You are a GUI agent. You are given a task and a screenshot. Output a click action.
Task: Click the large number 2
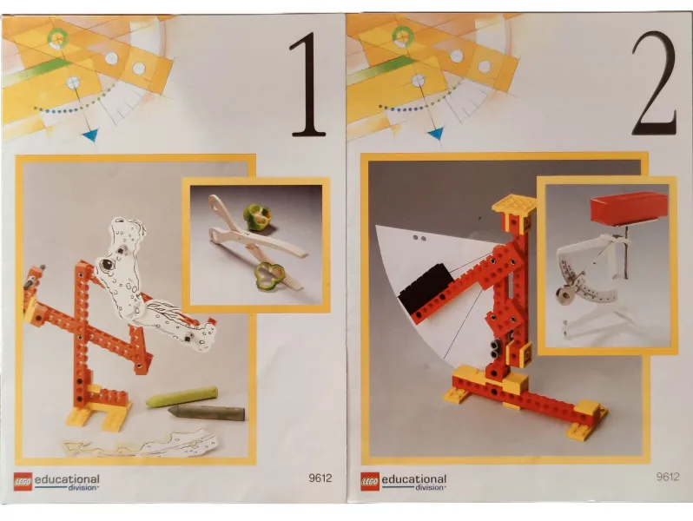pos(652,84)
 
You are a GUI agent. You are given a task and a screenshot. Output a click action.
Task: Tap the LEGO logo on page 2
pos(371,480)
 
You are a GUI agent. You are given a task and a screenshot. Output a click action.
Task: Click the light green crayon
pos(181,397)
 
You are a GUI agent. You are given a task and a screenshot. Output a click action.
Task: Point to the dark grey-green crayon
pos(206,412)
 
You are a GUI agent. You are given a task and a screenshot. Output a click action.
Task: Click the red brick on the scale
pos(629,207)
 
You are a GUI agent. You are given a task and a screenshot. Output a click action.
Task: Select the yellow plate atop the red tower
pos(513,205)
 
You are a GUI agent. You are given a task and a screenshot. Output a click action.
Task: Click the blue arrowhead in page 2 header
pos(435,133)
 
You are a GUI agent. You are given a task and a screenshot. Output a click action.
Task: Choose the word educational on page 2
pos(414,478)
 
